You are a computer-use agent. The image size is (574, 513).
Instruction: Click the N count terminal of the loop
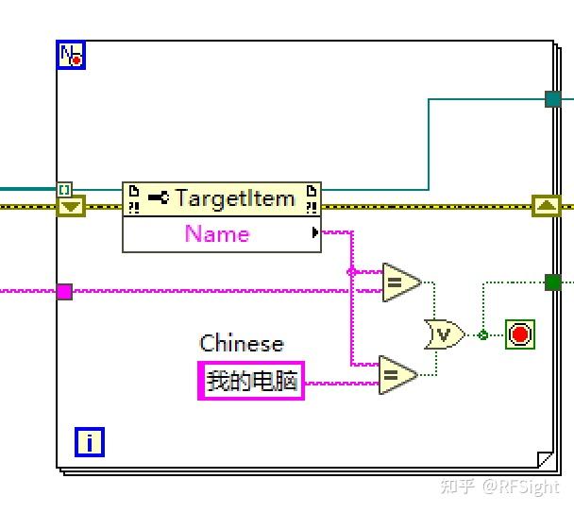(71, 56)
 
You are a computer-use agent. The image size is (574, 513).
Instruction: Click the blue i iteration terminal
(90, 441)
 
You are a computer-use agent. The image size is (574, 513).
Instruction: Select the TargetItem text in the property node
(235, 198)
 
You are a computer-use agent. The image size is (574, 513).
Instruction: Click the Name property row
(217, 233)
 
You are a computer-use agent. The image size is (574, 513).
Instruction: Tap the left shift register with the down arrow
(71, 205)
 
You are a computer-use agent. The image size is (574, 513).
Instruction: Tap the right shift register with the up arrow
(547, 205)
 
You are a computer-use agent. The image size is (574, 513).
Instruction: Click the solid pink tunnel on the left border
(64, 291)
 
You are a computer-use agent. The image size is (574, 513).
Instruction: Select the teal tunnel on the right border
(553, 98)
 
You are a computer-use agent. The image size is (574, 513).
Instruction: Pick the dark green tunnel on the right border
(553, 282)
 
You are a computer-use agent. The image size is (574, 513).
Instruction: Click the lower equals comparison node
(397, 375)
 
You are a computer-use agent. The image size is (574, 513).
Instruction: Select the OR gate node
(444, 333)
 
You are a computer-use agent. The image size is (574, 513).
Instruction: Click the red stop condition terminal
(519, 334)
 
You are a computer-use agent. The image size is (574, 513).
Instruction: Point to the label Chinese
(242, 343)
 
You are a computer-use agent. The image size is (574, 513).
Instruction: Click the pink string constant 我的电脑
(251, 381)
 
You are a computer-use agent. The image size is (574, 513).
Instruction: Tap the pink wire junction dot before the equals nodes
(351, 272)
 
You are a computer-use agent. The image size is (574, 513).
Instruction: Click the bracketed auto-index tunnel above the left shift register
(63, 189)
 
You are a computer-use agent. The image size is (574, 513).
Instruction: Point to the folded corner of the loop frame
(545, 460)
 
